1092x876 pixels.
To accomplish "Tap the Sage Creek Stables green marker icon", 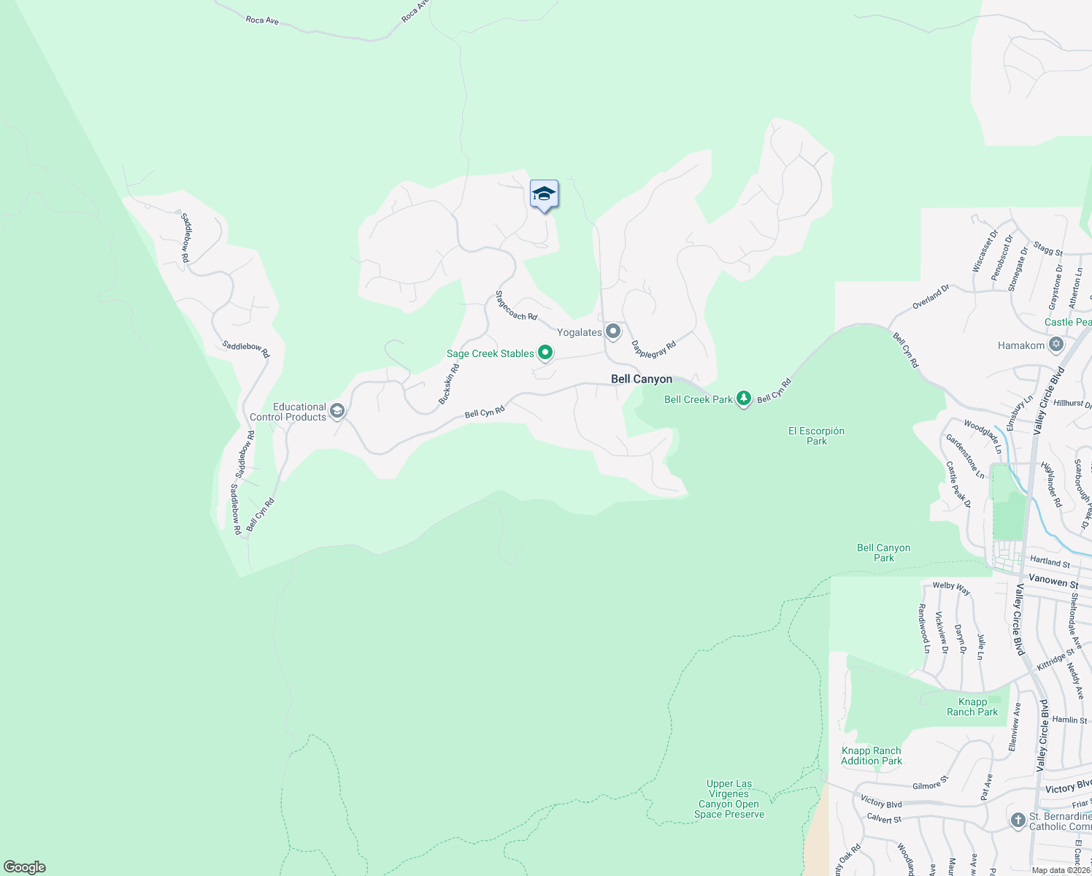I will click(545, 353).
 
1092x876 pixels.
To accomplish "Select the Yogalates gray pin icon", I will click(613, 332).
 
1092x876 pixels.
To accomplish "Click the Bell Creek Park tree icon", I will click(743, 399).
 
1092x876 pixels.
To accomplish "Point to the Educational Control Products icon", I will click(337, 411).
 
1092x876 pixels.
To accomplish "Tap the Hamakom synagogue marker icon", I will click(1056, 345).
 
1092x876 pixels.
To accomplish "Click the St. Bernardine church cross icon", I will click(1018, 821).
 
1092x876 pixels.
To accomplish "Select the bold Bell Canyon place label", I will click(641, 379).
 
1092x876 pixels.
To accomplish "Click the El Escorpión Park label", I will click(816, 436).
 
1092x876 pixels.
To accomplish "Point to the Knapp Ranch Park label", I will click(972, 707).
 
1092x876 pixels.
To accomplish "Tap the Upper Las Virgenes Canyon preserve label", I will click(729, 799).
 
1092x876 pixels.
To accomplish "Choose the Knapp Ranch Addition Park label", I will click(871, 756).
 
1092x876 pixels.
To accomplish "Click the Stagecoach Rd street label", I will click(516, 306).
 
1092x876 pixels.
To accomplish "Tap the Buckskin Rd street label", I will click(449, 383).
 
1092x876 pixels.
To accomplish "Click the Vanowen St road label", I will click(1053, 580).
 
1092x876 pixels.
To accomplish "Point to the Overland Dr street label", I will click(931, 296).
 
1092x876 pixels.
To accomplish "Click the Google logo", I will click(25, 867).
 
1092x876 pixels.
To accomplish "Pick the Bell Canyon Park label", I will click(883, 553).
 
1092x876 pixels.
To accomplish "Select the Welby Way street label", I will click(951, 588).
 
